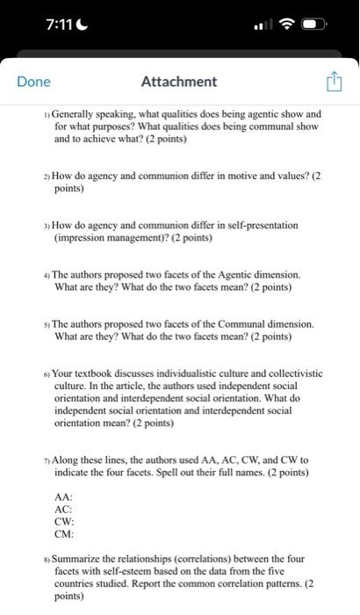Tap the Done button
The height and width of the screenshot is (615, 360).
click(34, 82)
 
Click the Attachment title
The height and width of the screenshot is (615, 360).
click(179, 82)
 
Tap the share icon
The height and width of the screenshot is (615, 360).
click(334, 82)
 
